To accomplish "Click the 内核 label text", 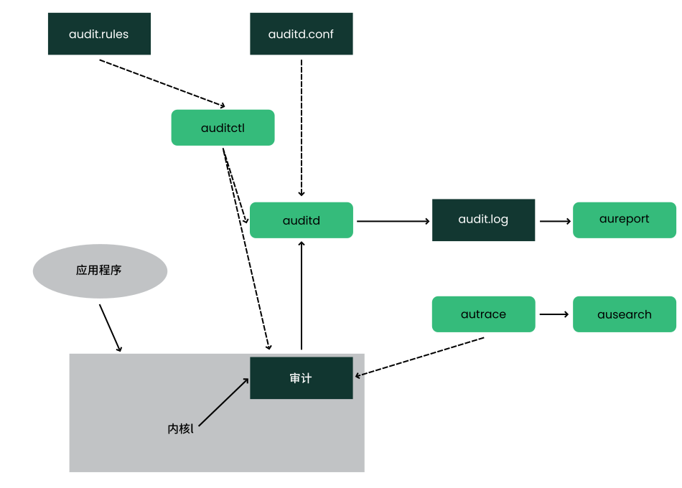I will click(x=180, y=429).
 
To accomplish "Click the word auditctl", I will click(x=223, y=128).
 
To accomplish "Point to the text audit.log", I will click(x=483, y=219).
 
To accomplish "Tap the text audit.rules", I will click(x=99, y=34).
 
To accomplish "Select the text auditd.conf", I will click(x=301, y=34).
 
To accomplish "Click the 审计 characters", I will click(x=301, y=378).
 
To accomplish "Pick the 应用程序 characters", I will click(x=99, y=271).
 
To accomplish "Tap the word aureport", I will click(x=625, y=219).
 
